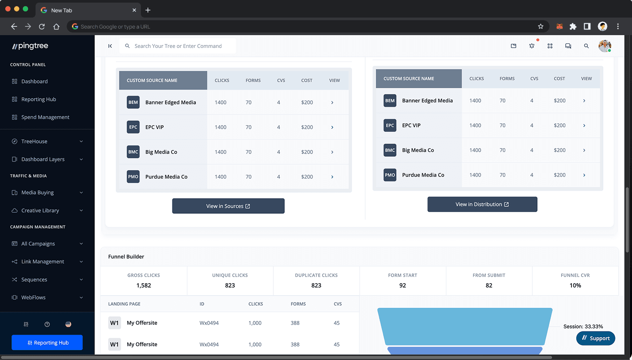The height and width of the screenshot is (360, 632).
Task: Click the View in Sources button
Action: pos(228,206)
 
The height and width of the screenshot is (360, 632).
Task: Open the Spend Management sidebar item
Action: pos(45,117)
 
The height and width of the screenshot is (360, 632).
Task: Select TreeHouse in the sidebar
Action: pos(34,141)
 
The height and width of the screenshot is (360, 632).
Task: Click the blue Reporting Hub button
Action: pos(47,343)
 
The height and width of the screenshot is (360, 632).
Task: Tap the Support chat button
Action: pos(596,338)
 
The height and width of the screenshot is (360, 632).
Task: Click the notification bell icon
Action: pos(531,46)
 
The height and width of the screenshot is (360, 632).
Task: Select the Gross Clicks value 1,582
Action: pos(144,285)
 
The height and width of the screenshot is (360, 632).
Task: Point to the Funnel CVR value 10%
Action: pos(575,285)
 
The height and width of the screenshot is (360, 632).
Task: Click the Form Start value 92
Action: pos(402,285)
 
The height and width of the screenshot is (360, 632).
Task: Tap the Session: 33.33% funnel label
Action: pos(583,327)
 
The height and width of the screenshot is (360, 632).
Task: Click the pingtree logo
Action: pos(30,46)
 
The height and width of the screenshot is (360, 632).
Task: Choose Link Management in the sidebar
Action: pos(43,262)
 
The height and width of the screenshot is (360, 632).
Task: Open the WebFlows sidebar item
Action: pos(33,298)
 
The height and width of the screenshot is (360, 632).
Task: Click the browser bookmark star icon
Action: pos(541,27)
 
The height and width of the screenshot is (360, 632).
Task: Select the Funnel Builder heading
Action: pos(126,257)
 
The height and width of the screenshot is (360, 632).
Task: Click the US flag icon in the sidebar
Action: pos(68,324)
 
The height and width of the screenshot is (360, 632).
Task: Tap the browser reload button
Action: pos(42,27)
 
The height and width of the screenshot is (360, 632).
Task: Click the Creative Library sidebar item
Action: pos(40,211)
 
